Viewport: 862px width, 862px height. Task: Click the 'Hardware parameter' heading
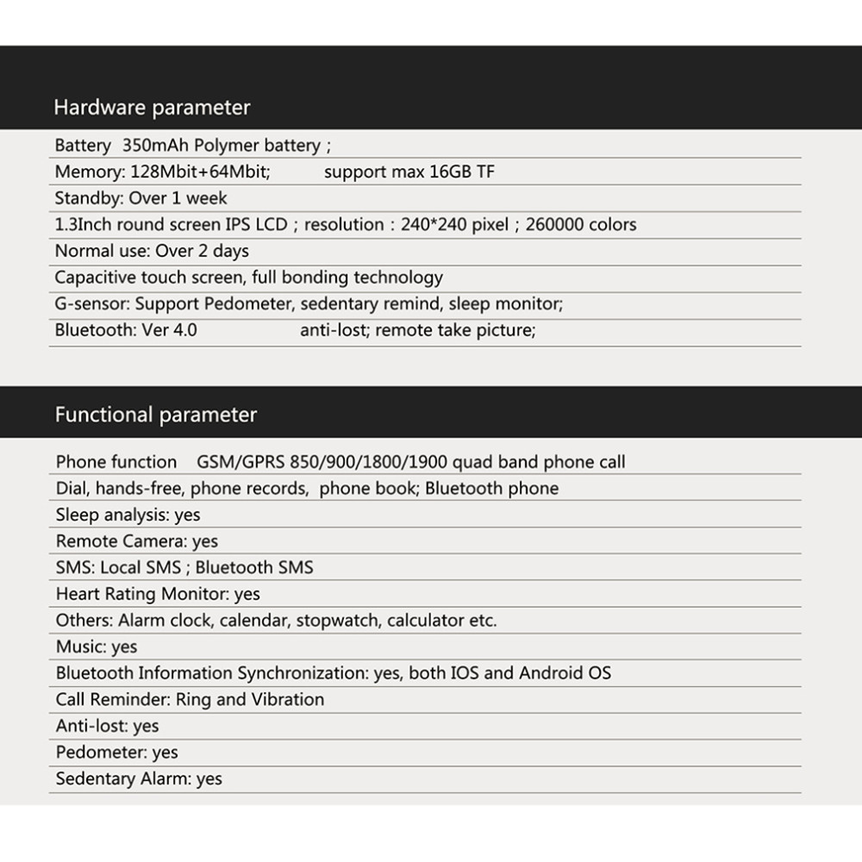tap(152, 108)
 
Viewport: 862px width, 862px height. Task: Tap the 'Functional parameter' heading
tap(156, 415)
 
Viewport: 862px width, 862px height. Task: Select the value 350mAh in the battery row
tap(156, 145)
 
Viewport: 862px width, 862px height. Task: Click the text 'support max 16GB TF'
tap(409, 172)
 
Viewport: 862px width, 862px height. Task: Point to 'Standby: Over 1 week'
tap(141, 198)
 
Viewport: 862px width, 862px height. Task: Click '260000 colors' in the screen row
tap(580, 225)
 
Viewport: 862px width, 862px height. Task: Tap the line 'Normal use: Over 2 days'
tap(152, 251)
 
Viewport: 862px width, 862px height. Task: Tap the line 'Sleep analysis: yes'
tap(128, 515)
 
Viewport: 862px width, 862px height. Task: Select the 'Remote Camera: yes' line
tap(137, 541)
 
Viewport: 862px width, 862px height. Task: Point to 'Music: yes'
tap(97, 646)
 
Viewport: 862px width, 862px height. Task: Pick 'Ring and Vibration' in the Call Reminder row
tap(250, 699)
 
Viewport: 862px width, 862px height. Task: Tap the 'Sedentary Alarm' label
tap(122, 778)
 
